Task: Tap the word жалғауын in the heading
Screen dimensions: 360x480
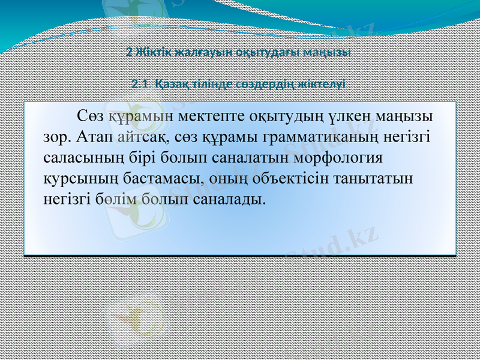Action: click(x=193, y=52)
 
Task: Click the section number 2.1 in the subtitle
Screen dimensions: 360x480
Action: click(x=140, y=85)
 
